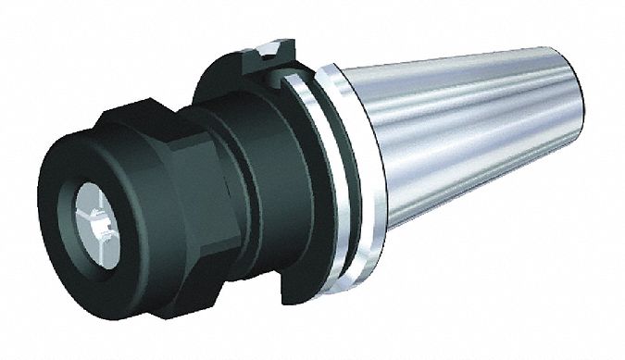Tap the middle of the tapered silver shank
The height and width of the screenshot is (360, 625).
tap(463, 139)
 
